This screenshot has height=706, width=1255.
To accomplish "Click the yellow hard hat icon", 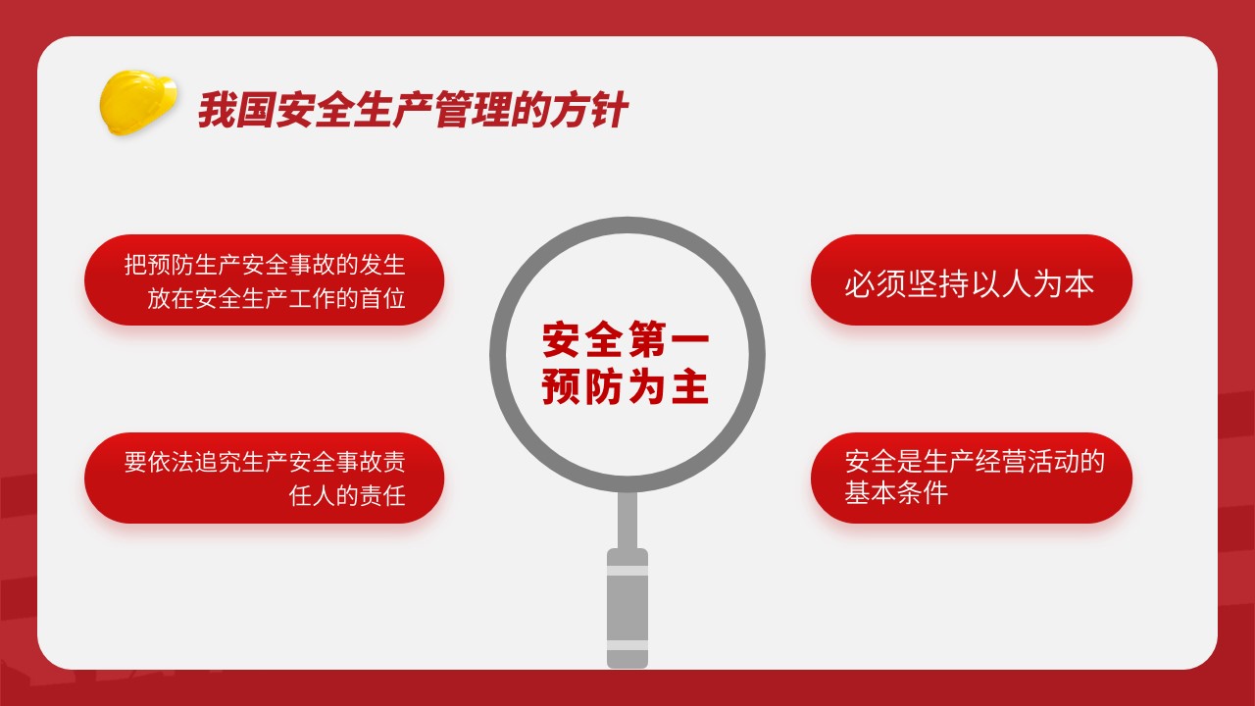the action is pos(138,103).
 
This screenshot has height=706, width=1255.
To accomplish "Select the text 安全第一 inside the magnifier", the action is pos(626,339).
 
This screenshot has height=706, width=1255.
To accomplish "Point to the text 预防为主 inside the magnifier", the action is pos(626,386).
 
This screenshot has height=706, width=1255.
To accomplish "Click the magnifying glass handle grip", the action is pos(627,609).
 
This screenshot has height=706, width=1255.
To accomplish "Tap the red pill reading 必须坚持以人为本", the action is pos(972,279).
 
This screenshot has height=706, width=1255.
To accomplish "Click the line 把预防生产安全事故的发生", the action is pos(265,265).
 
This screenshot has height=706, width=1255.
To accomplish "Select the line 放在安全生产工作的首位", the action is pos(276,298).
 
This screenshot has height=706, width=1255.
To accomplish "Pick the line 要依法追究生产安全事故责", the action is pos(265,462).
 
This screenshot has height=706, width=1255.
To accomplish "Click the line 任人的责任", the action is pos(347,496).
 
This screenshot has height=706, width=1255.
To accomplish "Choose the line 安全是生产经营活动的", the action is pos(975,461).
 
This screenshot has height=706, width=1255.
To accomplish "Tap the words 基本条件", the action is pos(896,492).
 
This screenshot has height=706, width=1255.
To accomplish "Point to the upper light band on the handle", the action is pos(627,571).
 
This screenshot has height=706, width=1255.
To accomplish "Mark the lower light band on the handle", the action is pos(627,645).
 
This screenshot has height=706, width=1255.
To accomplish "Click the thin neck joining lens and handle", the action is pos(627,520).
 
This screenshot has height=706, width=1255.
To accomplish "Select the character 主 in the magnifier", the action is pos(691,386).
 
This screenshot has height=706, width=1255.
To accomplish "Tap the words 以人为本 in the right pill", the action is pos(1032,283).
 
